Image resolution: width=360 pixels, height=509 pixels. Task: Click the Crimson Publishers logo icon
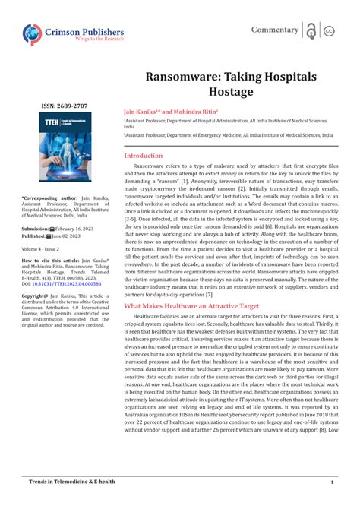pyautogui.click(x=33, y=33)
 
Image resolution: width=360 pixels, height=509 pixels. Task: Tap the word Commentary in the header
pyautogui.click(x=275, y=30)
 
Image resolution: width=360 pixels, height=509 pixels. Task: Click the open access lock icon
pyautogui.click(x=311, y=30)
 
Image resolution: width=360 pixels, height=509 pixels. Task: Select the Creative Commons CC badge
pyautogui.click(x=329, y=30)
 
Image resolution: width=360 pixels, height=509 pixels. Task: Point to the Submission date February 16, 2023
pyautogui.click(x=79, y=228)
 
